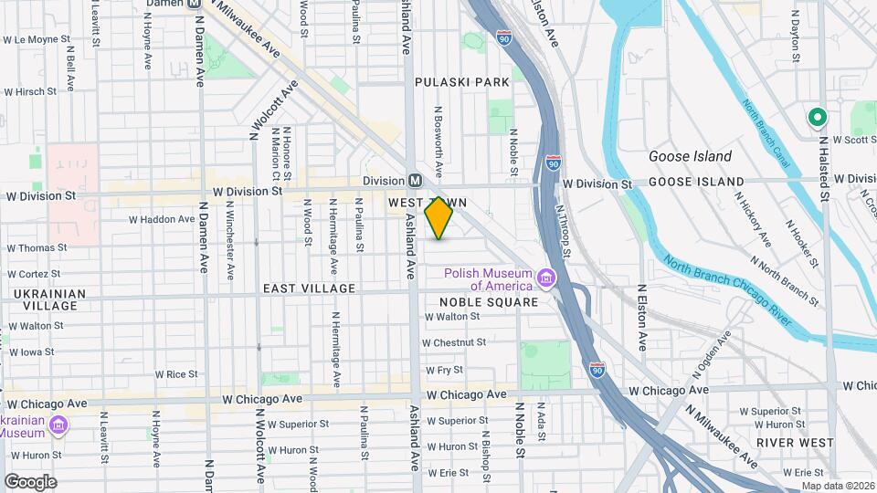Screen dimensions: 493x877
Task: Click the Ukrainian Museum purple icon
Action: [58, 425]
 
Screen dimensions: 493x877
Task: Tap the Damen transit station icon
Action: [195, 4]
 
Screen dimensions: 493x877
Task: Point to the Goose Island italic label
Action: [690, 156]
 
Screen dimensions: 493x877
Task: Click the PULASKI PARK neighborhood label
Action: [461, 82]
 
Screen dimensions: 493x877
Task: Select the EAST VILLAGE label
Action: [309, 288]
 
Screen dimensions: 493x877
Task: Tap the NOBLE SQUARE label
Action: [487, 302]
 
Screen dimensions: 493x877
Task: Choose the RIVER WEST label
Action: [795, 442]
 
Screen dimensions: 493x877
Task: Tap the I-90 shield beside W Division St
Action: [554, 163]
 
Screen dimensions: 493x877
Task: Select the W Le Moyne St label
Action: [37, 40]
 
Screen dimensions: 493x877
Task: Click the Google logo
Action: [29, 481]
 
